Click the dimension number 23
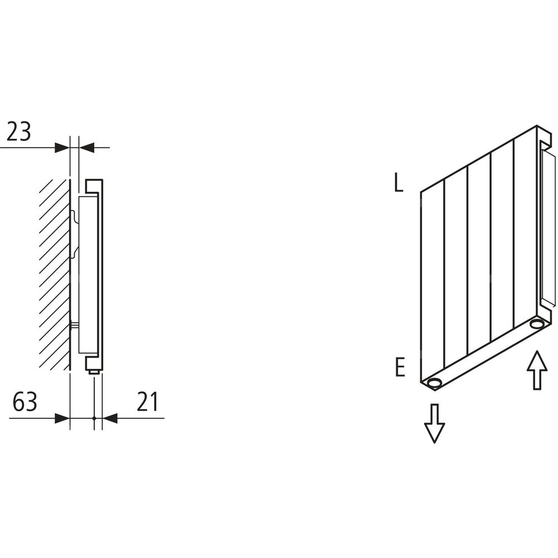tap(19, 131)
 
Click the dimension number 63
tap(25, 402)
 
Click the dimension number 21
tap(147, 402)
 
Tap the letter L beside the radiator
tap(398, 184)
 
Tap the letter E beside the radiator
tap(400, 368)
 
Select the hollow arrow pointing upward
tap(537, 370)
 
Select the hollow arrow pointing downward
tap(434, 424)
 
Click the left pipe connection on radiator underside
tap(434, 384)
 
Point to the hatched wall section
tap(54, 274)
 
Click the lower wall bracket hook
tap(74, 253)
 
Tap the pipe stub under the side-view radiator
tap(94, 372)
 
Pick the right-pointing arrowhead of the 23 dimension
tap(61, 147)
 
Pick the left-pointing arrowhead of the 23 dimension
tap(86, 147)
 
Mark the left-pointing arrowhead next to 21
tap(110, 418)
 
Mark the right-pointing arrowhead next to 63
tap(62, 418)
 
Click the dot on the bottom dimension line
tap(94, 418)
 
